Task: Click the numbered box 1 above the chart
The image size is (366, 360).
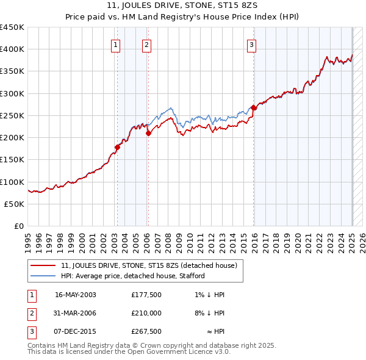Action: click(x=115, y=44)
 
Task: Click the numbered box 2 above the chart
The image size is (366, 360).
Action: click(x=147, y=44)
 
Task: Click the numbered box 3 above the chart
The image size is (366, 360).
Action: click(x=251, y=44)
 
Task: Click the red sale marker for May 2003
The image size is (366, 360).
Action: click(x=118, y=147)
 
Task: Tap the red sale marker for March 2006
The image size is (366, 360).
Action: click(x=148, y=133)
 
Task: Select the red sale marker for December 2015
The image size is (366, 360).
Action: click(x=254, y=107)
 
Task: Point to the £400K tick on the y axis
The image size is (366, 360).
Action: click(x=12, y=49)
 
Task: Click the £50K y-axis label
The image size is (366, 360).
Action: click(x=15, y=204)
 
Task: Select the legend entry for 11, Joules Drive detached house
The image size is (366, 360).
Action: click(x=152, y=265)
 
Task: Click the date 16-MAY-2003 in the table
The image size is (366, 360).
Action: click(x=75, y=294)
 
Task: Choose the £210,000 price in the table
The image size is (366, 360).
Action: click(x=146, y=313)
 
